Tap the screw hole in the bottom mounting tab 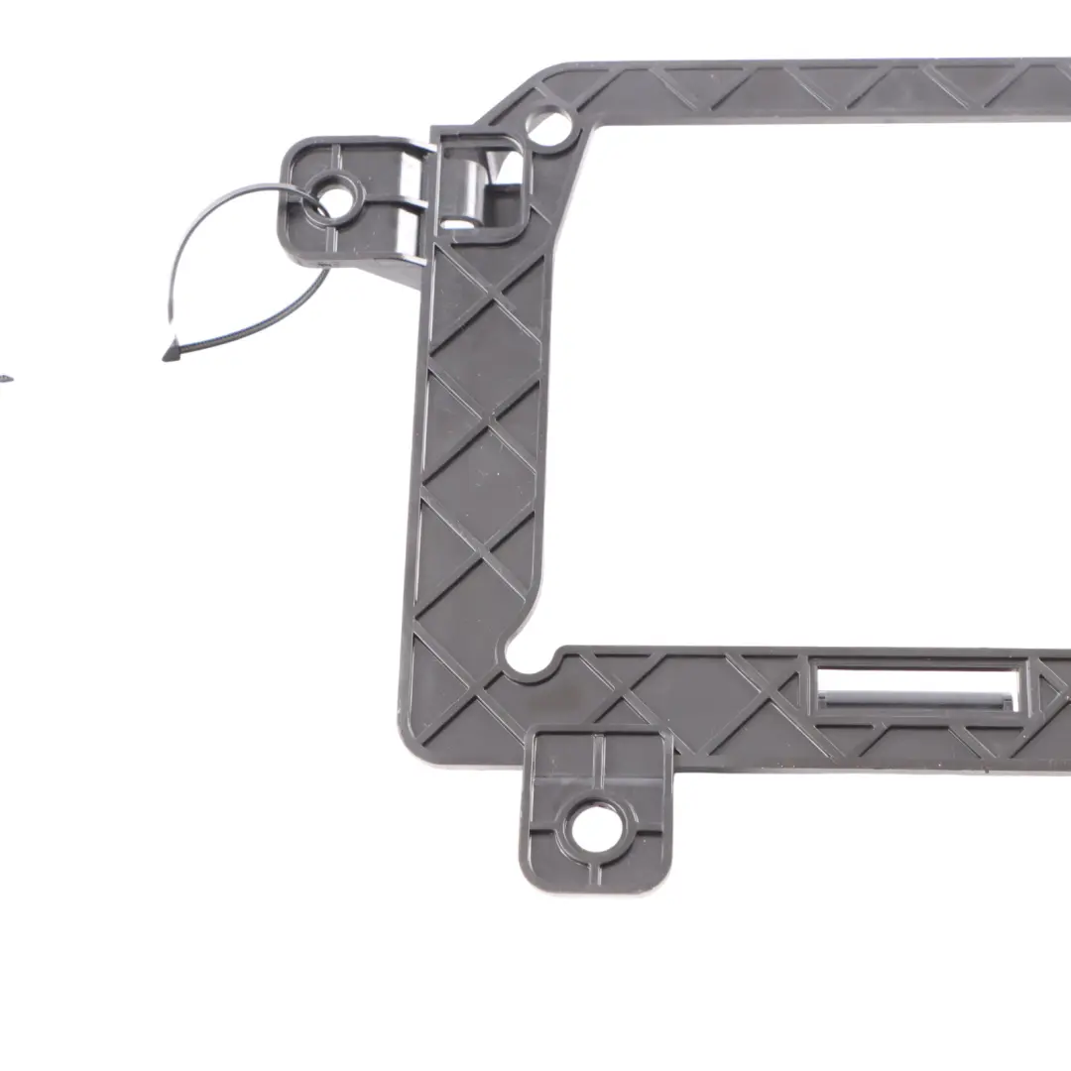tap(597, 828)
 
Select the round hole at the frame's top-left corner tap(551, 127)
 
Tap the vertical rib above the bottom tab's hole tap(597, 764)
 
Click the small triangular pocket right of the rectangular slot tap(1047, 689)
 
